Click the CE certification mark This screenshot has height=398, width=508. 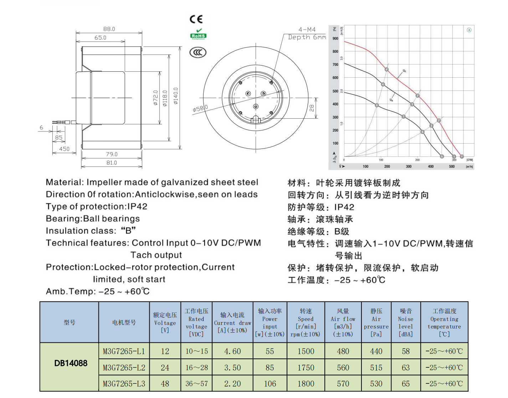pos(196,19)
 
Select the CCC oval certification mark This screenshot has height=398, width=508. pos(198,53)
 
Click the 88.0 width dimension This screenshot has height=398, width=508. pos(109,29)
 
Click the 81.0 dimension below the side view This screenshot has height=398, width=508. pos(112,162)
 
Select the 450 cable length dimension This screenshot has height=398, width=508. pos(64,149)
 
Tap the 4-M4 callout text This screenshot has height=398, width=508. pos(307,30)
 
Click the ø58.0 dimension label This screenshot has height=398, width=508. pos(200,108)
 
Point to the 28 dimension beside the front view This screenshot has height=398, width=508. pos(312,108)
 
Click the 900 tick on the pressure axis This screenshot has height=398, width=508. pos(335,38)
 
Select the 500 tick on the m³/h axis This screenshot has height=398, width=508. pos(452,166)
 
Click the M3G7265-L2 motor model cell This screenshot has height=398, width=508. pos(124,367)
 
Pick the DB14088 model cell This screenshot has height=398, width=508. pos(71,363)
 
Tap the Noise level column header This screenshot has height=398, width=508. pos(406,322)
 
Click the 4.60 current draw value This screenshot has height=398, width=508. pos(232,351)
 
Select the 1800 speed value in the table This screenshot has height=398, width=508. pos(306,384)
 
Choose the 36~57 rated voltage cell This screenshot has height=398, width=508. pos(196,384)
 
